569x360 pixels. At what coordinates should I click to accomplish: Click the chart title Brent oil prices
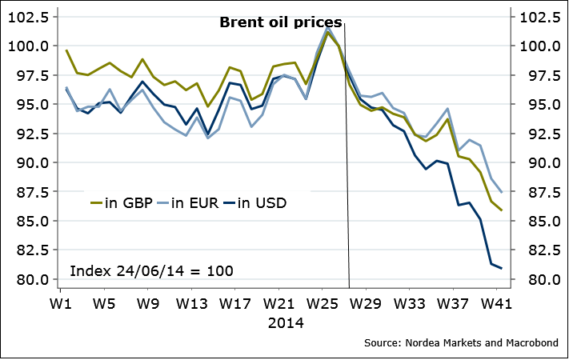[x=281, y=22]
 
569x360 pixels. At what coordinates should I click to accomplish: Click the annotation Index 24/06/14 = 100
[x=152, y=270]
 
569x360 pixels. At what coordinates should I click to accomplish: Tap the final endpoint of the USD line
[x=502, y=268]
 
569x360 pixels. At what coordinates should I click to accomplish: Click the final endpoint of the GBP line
[x=502, y=210]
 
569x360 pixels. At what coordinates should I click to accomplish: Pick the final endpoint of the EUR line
[x=502, y=192]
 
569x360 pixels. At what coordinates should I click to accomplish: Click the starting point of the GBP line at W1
[x=66, y=50]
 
